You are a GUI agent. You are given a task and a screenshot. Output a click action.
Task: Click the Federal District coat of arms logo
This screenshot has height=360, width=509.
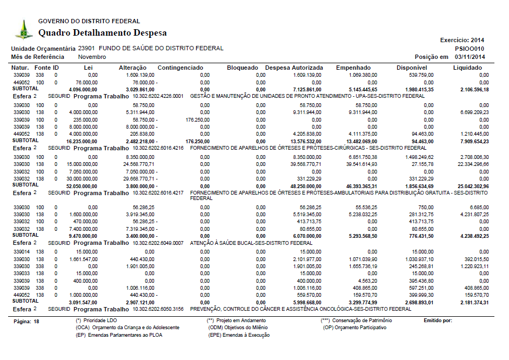click(23, 30)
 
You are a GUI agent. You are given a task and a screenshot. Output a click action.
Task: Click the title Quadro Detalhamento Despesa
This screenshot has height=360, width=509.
click(103, 33)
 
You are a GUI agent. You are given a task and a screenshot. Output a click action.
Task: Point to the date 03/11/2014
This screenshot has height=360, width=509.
click(470, 57)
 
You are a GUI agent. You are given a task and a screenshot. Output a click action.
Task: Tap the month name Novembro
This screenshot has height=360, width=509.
click(92, 57)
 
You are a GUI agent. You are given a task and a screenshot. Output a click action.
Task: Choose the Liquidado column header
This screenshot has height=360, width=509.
click(467, 68)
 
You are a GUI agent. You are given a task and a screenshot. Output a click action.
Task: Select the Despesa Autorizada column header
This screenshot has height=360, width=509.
click(294, 68)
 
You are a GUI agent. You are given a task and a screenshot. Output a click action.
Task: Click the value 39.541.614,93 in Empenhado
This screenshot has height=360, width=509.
click(359, 164)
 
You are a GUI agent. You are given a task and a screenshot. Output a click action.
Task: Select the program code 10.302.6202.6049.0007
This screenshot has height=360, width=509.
click(158, 243)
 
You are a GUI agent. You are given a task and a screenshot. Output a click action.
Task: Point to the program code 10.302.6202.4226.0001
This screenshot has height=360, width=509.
click(158, 96)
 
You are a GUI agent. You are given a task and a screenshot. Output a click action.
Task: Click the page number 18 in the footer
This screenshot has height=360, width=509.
click(36, 321)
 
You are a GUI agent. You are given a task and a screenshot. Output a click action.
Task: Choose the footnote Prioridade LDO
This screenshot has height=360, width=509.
click(98, 321)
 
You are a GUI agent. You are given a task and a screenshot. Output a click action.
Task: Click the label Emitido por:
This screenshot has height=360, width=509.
click(438, 321)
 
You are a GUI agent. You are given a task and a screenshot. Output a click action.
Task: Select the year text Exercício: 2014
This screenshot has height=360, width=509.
click(462, 40)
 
